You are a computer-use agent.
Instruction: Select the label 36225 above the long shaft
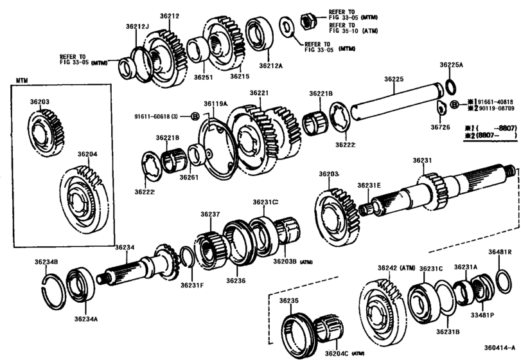[x=393, y=78]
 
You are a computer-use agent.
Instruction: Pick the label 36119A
[x=216, y=103]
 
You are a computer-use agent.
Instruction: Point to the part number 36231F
[x=191, y=285]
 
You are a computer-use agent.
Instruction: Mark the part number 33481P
[x=483, y=315]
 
